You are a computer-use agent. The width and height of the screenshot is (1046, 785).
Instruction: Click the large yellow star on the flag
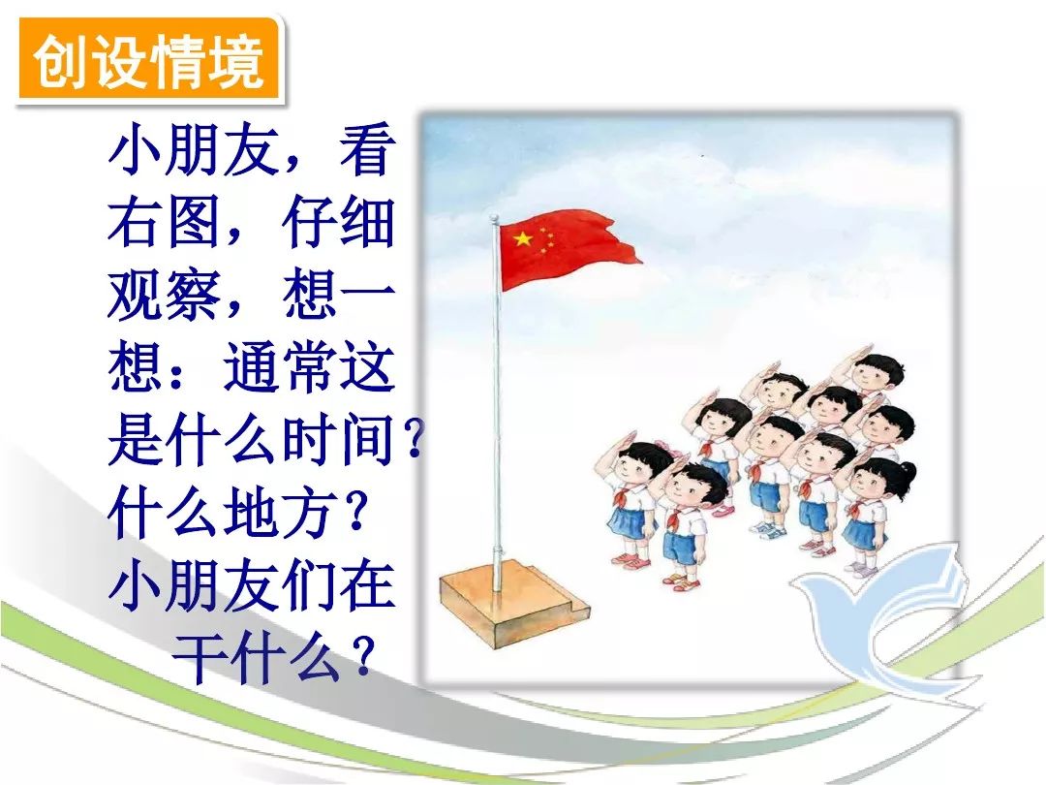pyautogui.click(x=522, y=237)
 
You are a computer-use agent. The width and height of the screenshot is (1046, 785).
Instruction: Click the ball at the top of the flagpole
pyautogui.click(x=494, y=218)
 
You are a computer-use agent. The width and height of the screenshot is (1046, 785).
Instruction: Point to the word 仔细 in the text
pyautogui.click(x=338, y=222)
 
